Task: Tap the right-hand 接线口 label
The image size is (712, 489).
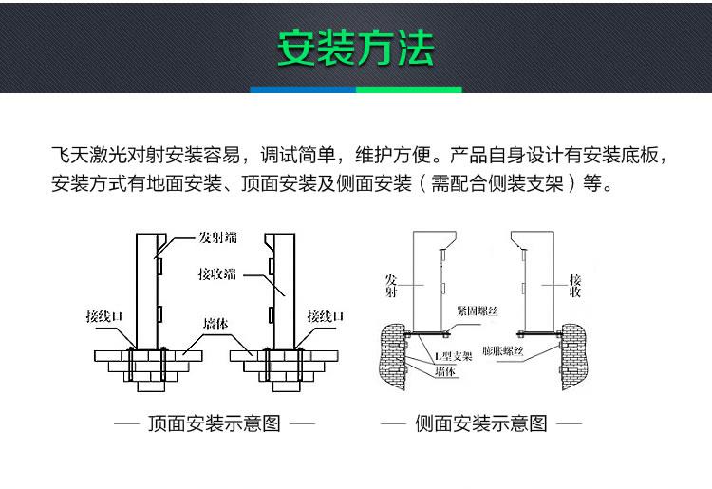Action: point(325,316)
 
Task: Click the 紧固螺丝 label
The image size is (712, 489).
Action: point(475,310)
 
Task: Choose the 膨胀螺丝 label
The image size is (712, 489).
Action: point(502,351)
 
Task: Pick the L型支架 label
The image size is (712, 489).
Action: point(453,356)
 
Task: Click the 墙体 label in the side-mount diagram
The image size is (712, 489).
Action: point(445,371)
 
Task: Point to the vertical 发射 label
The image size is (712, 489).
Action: point(391,287)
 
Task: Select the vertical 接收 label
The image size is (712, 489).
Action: point(575,287)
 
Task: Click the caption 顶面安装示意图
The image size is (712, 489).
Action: point(215,423)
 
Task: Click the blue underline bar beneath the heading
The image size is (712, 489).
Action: point(302,90)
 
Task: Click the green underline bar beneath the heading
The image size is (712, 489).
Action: point(408,90)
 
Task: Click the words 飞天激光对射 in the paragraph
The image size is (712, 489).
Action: point(103,155)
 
